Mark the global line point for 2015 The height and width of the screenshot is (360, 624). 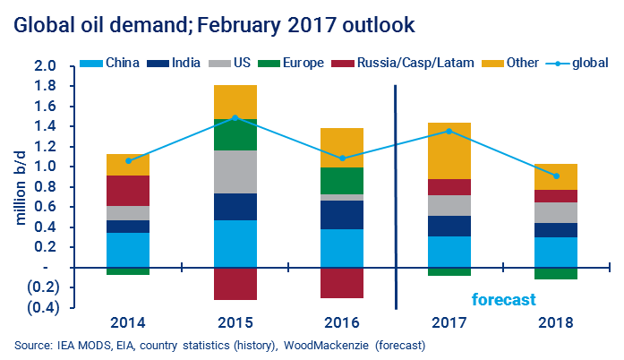[x=235, y=117]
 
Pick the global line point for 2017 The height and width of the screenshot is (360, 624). [x=449, y=131]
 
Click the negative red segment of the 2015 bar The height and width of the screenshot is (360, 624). [x=235, y=283]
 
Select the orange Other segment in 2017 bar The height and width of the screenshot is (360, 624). [x=449, y=150]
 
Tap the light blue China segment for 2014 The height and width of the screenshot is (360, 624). [x=127, y=250]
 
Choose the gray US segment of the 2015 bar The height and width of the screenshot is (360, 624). [x=235, y=171]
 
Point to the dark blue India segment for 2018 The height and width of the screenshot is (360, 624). [x=556, y=230]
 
